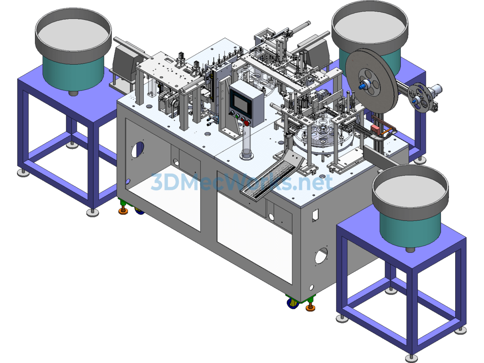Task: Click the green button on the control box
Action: [x=237, y=116]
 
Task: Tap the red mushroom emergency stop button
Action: [x=246, y=123]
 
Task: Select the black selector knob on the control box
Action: [x=231, y=113]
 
